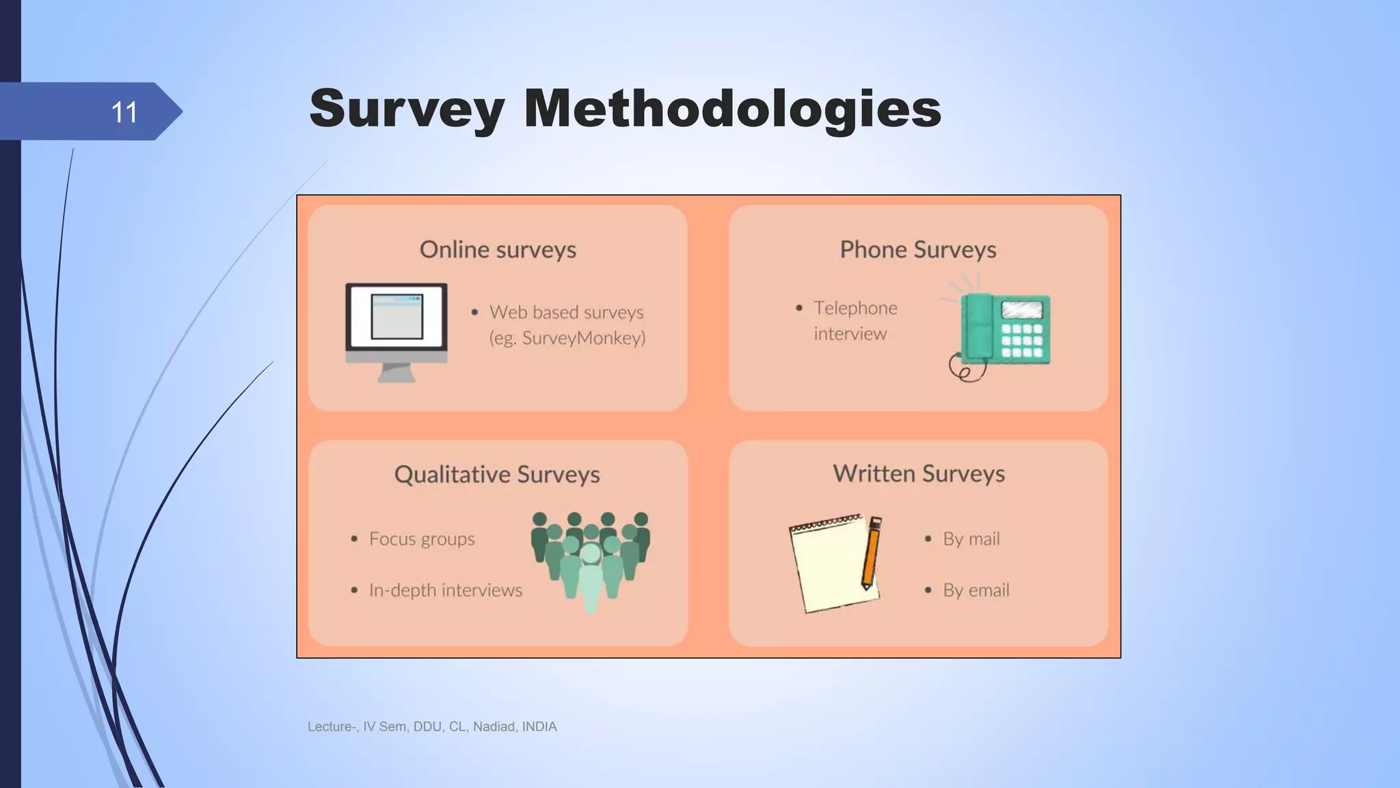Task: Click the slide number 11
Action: pyautogui.click(x=124, y=112)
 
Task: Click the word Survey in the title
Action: pyautogui.click(x=407, y=109)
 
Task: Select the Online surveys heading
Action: pyautogui.click(x=498, y=250)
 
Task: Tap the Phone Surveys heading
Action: pyautogui.click(x=917, y=250)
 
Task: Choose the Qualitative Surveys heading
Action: pyautogui.click(x=497, y=474)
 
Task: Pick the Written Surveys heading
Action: pyautogui.click(x=918, y=473)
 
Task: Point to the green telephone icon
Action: pyautogui.click(x=1001, y=328)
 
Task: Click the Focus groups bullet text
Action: pyautogui.click(x=421, y=539)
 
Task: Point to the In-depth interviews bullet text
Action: pyautogui.click(x=445, y=590)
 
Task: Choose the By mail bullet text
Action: pyautogui.click(x=971, y=539)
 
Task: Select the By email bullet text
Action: pyautogui.click(x=975, y=590)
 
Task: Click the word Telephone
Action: pyautogui.click(x=855, y=308)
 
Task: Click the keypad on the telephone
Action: pyautogui.click(x=1021, y=340)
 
